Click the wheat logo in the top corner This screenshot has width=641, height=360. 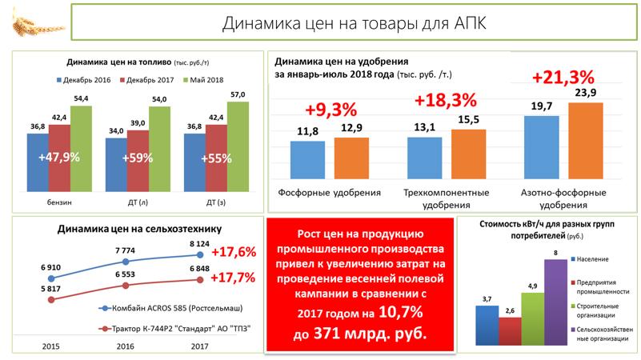tap(28, 23)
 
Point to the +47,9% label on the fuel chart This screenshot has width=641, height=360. tap(58, 158)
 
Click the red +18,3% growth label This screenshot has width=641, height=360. tap(445, 102)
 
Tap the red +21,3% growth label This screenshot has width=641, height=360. tap(563, 78)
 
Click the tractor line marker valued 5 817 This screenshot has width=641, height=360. tap(52, 300)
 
